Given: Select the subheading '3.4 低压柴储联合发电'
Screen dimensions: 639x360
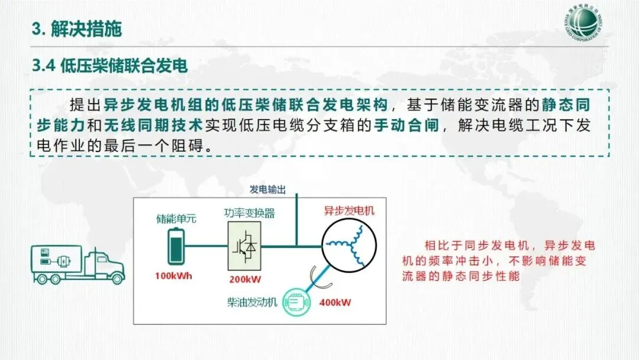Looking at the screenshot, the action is (110, 66).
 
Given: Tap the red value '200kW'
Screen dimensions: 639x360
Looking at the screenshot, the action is (244, 279).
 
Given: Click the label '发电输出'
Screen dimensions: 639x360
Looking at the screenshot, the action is (267, 190).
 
